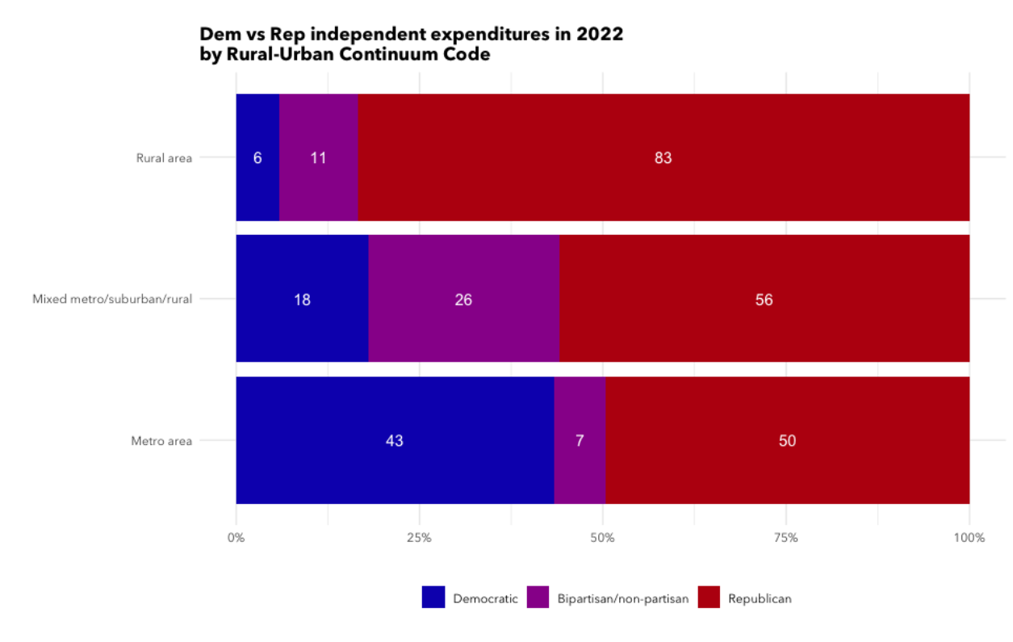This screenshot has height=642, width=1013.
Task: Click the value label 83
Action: tap(663, 158)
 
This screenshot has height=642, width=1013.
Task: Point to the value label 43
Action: tap(395, 441)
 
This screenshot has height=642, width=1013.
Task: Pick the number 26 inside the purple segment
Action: tap(463, 300)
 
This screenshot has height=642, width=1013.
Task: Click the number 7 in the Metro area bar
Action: tap(580, 441)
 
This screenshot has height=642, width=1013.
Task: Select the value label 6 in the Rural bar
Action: tap(257, 158)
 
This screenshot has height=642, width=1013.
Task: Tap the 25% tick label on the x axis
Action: tap(419, 538)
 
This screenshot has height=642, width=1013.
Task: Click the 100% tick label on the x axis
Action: tap(969, 538)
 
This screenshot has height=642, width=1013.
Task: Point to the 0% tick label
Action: tap(236, 538)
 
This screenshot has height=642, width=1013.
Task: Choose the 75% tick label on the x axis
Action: tap(785, 538)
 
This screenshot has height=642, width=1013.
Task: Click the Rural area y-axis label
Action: tap(164, 158)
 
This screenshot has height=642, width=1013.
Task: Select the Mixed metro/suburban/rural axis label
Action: tap(112, 300)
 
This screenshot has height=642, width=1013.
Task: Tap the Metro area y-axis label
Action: tap(161, 441)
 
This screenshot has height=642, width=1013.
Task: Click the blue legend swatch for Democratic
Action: tap(433, 598)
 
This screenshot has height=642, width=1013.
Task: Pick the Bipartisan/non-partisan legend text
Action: tap(622, 599)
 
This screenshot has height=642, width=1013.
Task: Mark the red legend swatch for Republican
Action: tap(709, 598)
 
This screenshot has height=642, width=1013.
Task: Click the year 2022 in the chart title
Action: tap(598, 35)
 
